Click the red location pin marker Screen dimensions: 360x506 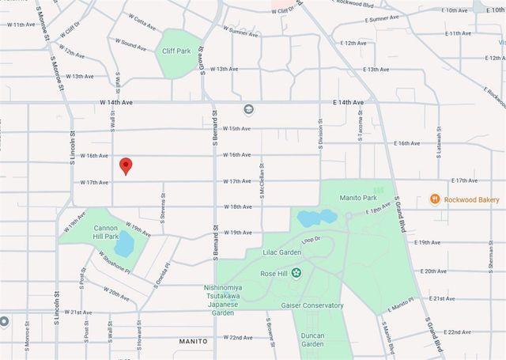pos(125,165)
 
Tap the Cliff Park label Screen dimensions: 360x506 pos(176,51)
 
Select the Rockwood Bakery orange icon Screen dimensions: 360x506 pos(434,199)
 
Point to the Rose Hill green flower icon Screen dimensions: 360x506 pos(296,273)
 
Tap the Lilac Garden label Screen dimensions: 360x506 pos(284,252)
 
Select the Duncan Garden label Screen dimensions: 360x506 pos(312,339)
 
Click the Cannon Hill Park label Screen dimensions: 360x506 pos(105,231)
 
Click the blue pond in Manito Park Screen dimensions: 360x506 pos(316,217)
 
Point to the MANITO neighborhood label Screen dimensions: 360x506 pos(192,341)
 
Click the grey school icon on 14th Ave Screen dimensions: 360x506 pos(247,109)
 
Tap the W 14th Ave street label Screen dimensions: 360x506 pos(115,102)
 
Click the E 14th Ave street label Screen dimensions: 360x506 pos(348,103)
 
